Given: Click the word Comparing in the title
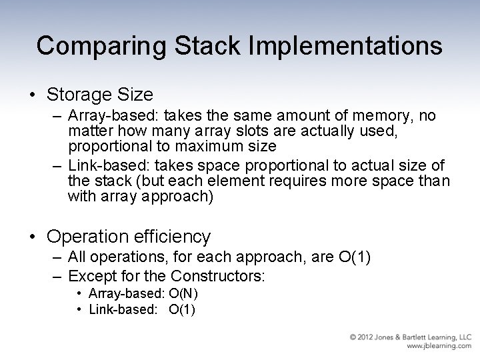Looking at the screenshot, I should [89, 45].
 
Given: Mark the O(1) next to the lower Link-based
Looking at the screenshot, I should [182, 309].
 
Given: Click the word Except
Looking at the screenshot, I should [89, 275].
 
